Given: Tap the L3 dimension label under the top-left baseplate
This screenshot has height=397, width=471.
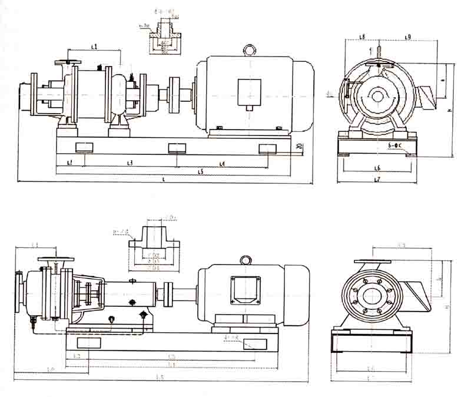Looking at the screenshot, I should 130,162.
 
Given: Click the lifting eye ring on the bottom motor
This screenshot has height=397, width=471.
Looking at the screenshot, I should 246,260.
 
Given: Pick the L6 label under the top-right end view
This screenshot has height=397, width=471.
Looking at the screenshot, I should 377,168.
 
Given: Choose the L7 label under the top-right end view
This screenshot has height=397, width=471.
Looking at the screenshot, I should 377,179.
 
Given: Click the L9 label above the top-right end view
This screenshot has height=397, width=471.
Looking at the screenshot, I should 407,37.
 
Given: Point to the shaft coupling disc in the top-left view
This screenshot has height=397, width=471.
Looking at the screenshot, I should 174,95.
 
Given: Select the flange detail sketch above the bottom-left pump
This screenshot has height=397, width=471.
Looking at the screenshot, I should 152,247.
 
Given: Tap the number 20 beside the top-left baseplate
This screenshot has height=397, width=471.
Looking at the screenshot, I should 300,145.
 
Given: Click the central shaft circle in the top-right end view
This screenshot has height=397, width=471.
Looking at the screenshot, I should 377,95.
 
